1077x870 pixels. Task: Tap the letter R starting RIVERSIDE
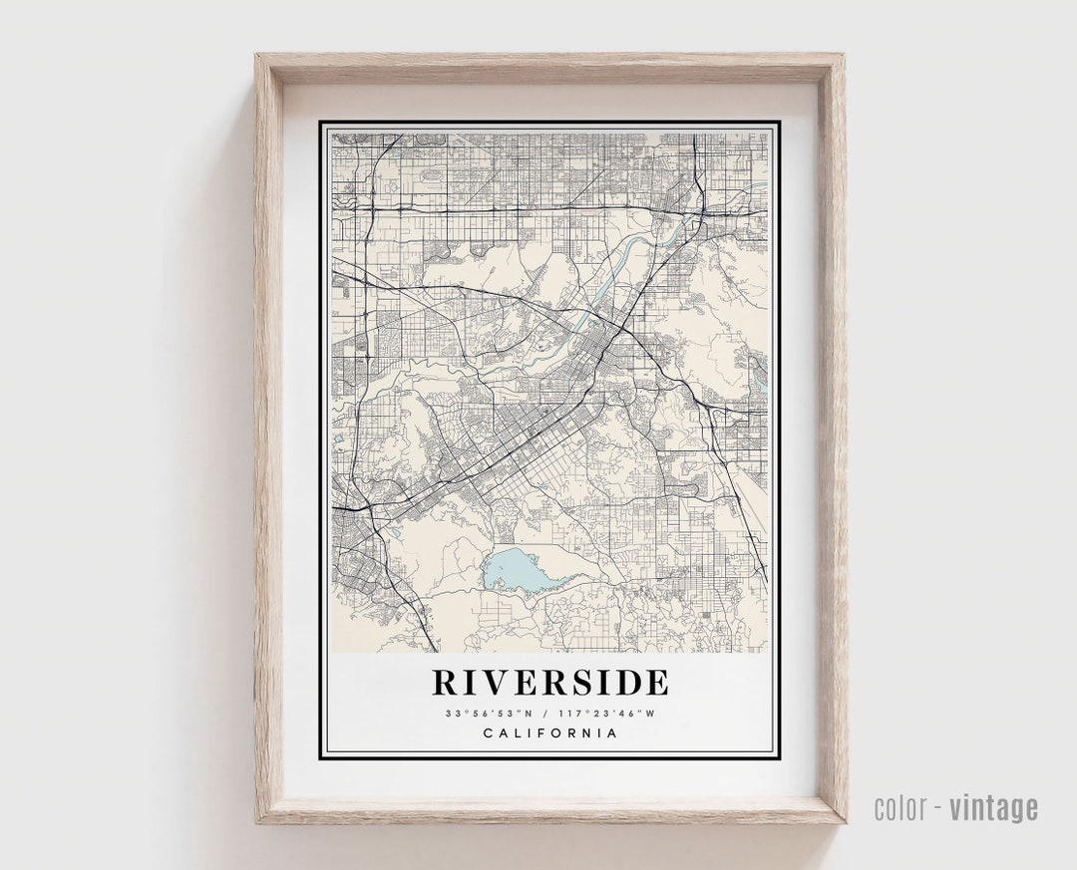pos(446,683)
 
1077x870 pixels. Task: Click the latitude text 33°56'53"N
pos(490,713)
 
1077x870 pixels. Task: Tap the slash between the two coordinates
pos(546,713)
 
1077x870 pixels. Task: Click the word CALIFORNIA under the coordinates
pos(549,733)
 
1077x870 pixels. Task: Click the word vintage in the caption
pos(993,808)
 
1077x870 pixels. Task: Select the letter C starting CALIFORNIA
pos(489,733)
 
